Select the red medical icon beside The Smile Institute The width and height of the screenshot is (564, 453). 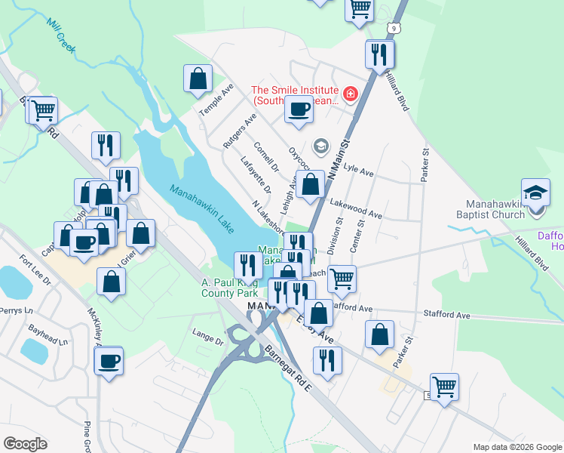click(x=350, y=94)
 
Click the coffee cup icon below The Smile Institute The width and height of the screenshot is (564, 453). click(x=298, y=109)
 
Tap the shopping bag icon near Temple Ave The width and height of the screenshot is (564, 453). click(x=198, y=78)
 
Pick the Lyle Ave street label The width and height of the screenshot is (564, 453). click(x=358, y=172)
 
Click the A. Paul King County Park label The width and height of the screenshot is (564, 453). click(x=229, y=288)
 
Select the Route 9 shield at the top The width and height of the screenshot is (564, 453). click(x=394, y=28)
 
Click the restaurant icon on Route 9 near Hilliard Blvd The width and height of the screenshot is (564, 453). click(x=379, y=54)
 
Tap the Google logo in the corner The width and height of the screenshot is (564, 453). click(x=25, y=444)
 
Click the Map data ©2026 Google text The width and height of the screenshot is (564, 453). click(x=516, y=447)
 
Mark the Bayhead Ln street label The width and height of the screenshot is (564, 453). click(x=43, y=330)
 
